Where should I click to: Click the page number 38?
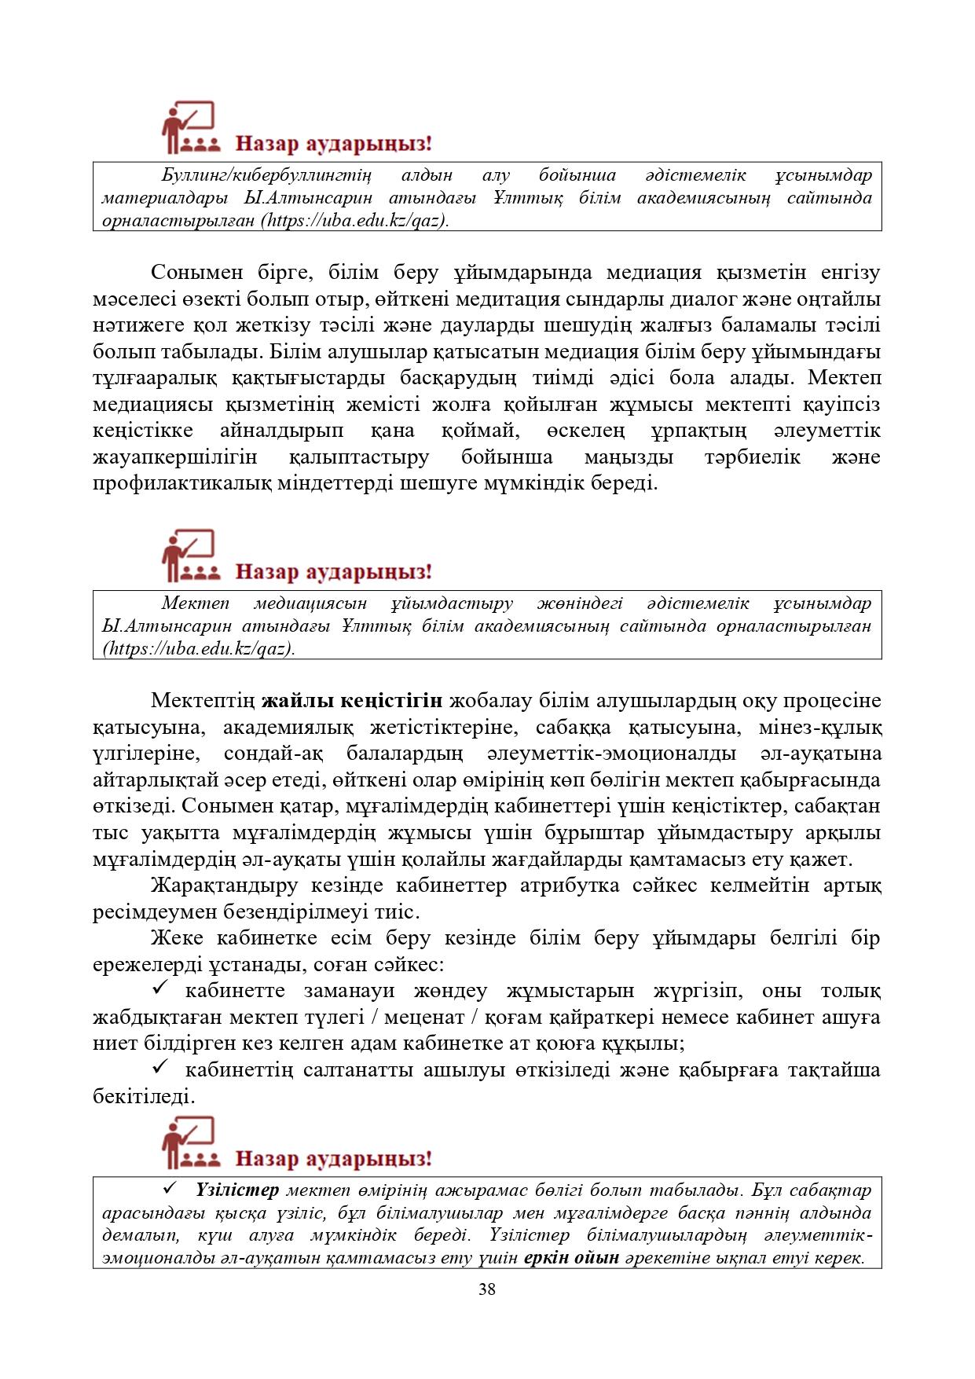click(487, 1289)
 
